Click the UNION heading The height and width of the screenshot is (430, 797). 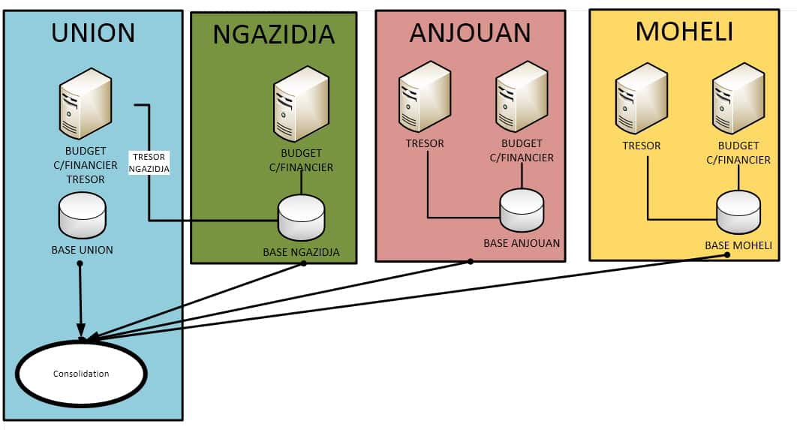(x=93, y=32)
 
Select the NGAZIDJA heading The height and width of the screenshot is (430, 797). (x=273, y=35)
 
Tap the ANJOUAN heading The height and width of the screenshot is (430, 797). (x=470, y=32)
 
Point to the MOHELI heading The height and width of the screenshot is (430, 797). (x=684, y=31)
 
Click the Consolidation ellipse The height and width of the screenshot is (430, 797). (x=81, y=374)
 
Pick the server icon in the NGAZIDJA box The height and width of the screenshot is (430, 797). (x=300, y=104)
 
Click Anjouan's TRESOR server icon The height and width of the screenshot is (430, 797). (x=424, y=97)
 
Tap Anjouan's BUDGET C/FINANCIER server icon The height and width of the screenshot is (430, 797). (x=521, y=97)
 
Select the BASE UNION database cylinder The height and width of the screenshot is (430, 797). (x=83, y=215)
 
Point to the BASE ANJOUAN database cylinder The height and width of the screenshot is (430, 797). (x=522, y=210)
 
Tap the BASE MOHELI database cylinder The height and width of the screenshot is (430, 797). (x=738, y=213)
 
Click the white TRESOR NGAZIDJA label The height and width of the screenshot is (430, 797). (x=149, y=163)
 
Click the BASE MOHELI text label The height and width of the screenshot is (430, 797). (x=738, y=245)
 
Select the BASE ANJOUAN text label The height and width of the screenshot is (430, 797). (x=521, y=243)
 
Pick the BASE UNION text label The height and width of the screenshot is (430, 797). (x=82, y=250)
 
